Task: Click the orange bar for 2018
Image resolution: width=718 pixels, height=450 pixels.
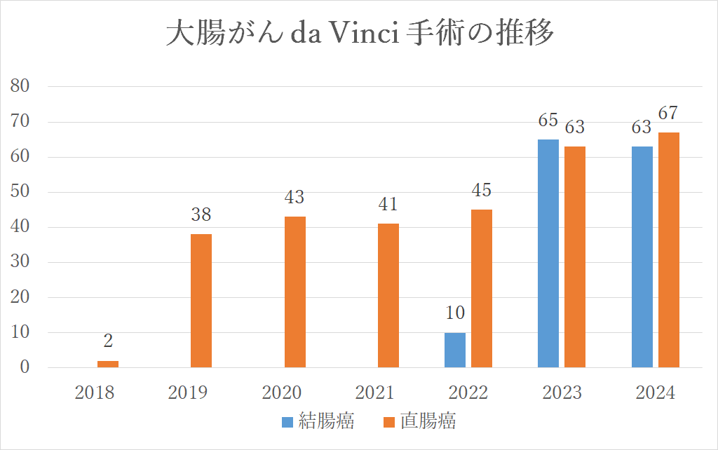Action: coord(107,364)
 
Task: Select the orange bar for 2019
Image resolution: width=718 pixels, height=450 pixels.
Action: coord(201,301)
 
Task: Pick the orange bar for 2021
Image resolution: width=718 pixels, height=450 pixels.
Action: coord(388,295)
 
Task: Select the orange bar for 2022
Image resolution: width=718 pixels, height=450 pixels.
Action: coord(482,288)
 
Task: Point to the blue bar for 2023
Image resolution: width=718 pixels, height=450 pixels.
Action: coord(548,253)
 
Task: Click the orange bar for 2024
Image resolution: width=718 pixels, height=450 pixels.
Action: coord(669,250)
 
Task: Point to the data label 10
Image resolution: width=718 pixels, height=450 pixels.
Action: coord(455,313)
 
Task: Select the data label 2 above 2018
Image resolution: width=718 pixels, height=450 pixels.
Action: coord(108,341)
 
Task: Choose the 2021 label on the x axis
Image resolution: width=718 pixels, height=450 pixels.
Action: coord(374,393)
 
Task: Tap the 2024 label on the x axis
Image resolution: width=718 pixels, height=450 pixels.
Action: coord(655,393)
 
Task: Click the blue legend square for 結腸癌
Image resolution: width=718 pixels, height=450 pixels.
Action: coord(287,422)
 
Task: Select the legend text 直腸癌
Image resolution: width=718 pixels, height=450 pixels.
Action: coord(428,422)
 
